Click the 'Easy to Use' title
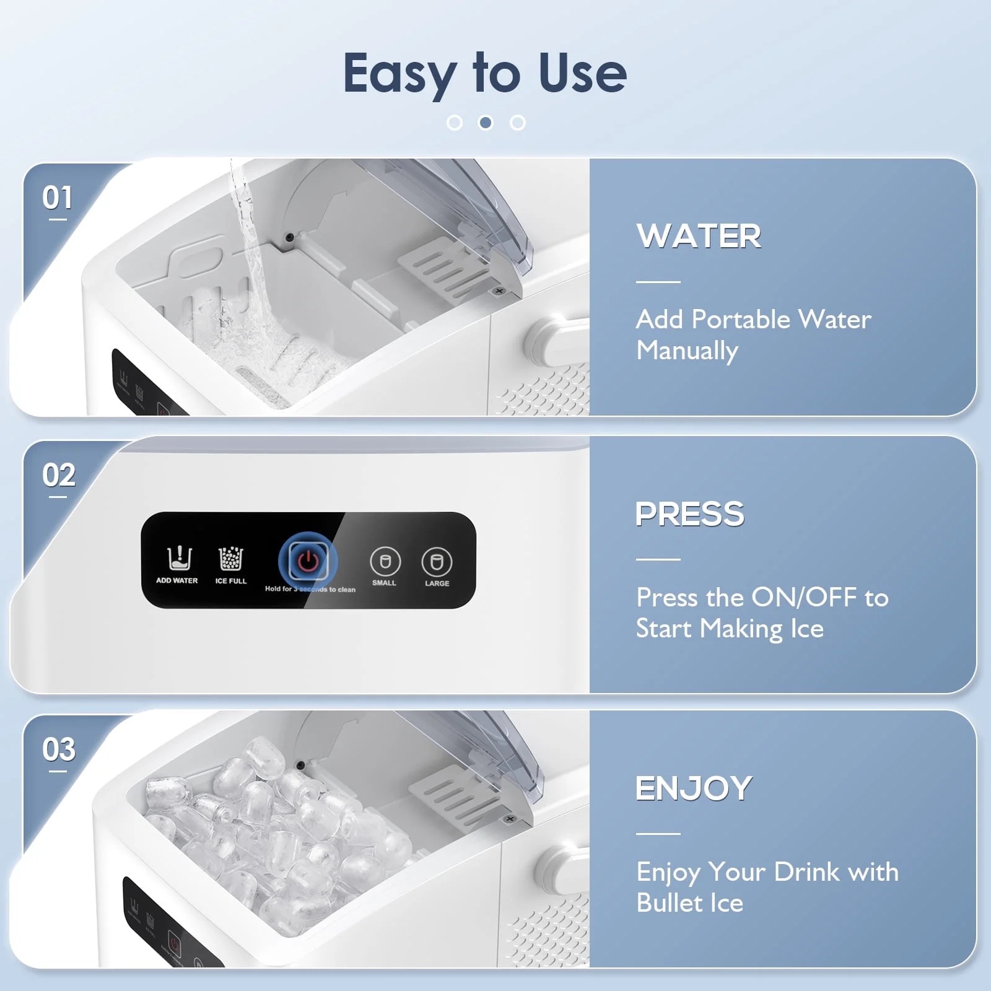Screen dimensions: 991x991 [x=485, y=73]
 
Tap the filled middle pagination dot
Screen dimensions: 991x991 [x=486, y=123]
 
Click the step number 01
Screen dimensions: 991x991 [x=57, y=198]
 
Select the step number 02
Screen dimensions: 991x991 [x=59, y=476]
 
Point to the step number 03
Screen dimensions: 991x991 [x=59, y=749]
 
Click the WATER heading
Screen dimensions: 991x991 [x=699, y=236]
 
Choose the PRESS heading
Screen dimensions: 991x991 [x=690, y=514]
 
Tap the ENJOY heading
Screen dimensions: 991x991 [x=694, y=788]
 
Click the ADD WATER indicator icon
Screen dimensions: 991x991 [x=179, y=558]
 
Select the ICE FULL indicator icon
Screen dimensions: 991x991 [x=231, y=558]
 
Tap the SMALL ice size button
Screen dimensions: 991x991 [x=385, y=562]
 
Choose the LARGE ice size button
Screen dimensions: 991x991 [x=437, y=562]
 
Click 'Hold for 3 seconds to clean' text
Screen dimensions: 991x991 [x=310, y=589]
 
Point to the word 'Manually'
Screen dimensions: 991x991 [x=687, y=351]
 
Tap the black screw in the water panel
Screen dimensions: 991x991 [x=289, y=237]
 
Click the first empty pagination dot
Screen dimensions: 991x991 [x=454, y=123]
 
